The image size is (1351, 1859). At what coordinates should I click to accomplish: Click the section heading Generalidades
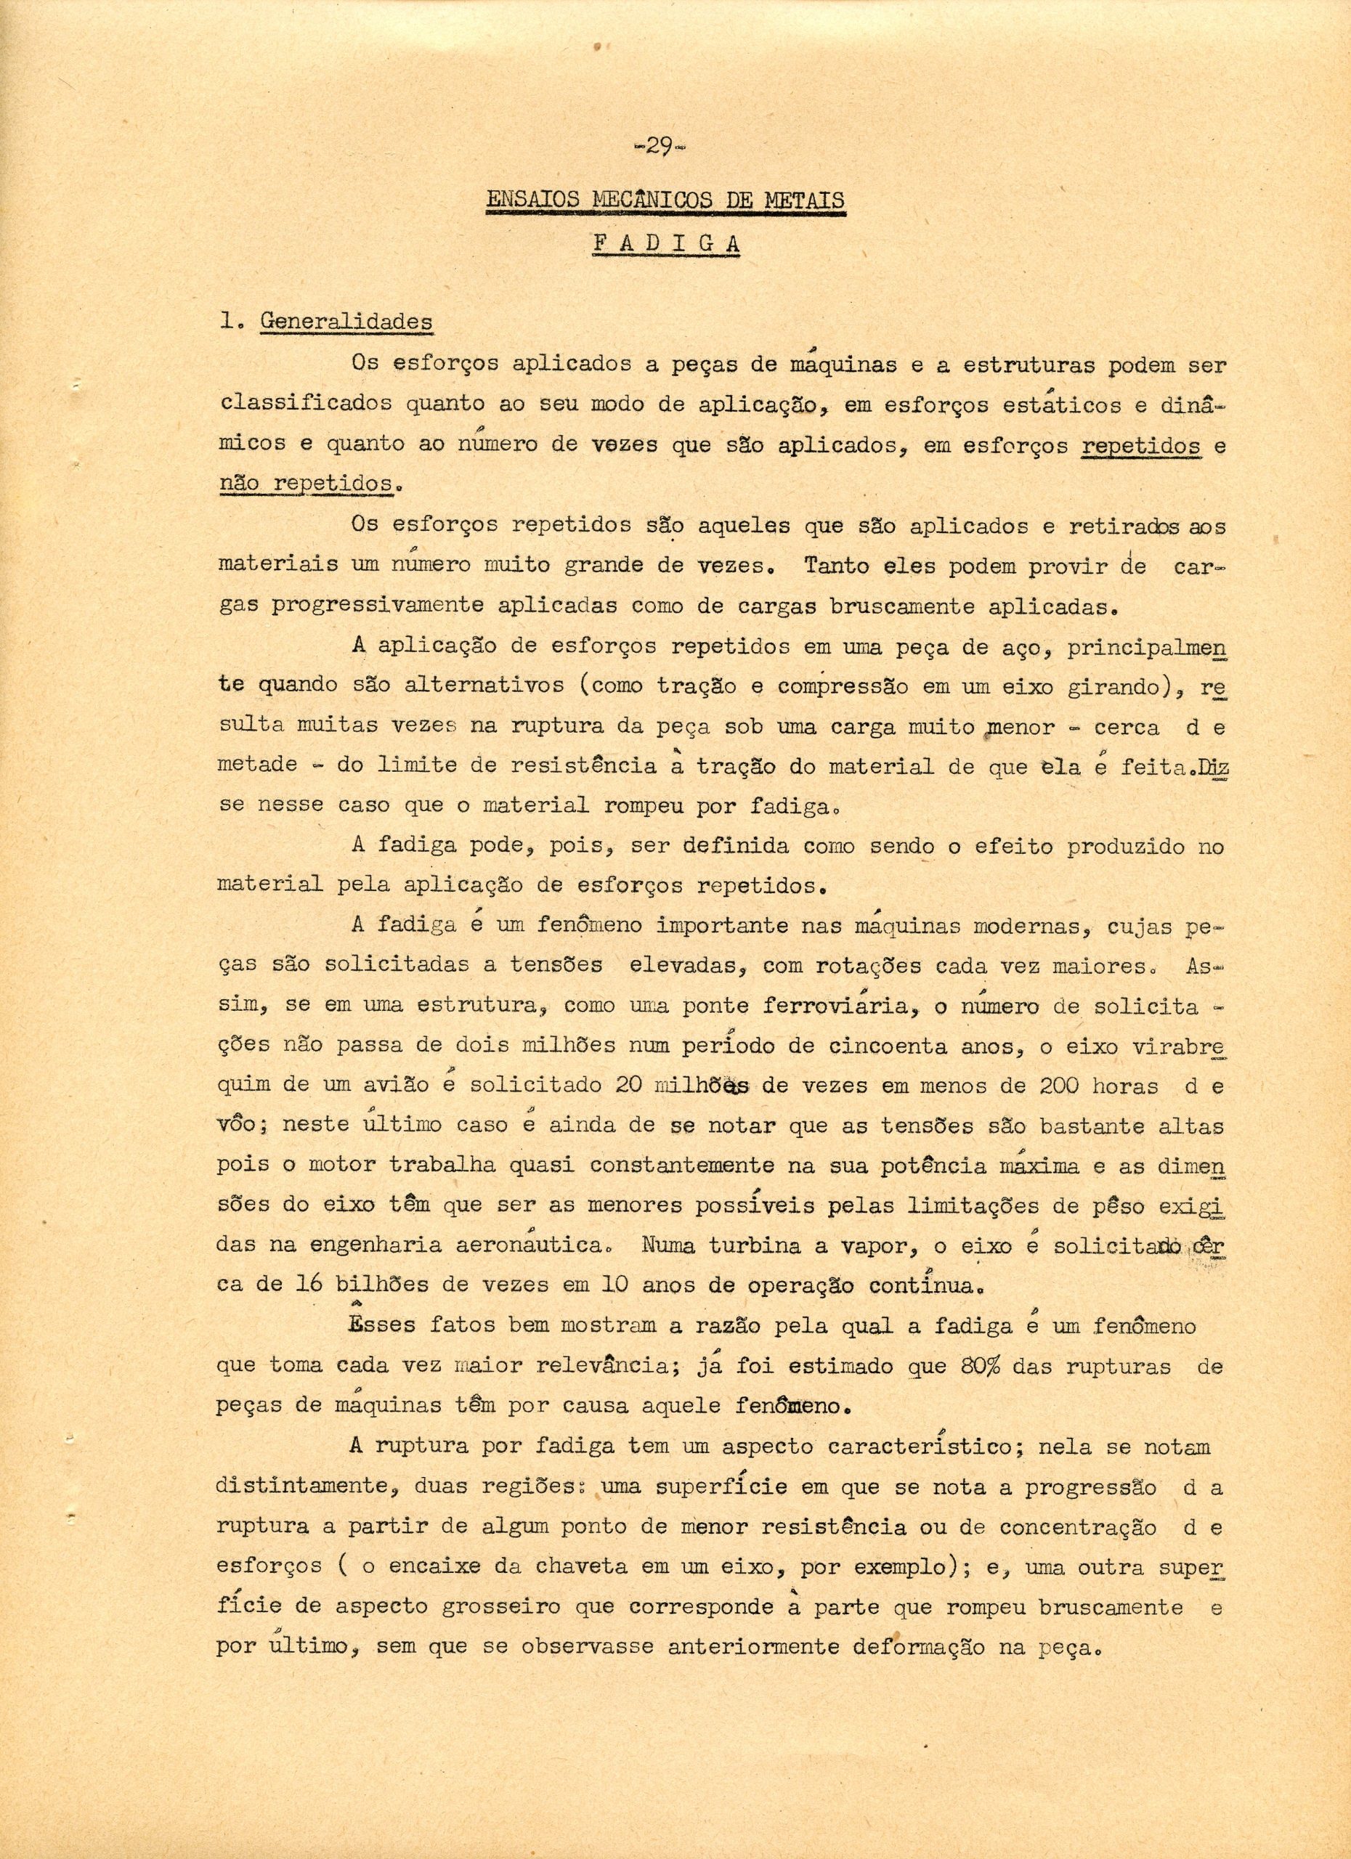pyautogui.click(x=346, y=321)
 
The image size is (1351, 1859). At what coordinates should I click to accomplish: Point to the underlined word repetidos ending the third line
pyautogui.click(x=1142, y=447)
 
